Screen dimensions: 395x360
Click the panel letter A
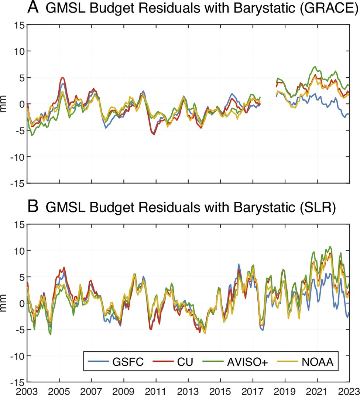pos(34,8)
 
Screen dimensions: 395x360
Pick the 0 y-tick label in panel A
pos(21,104)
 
